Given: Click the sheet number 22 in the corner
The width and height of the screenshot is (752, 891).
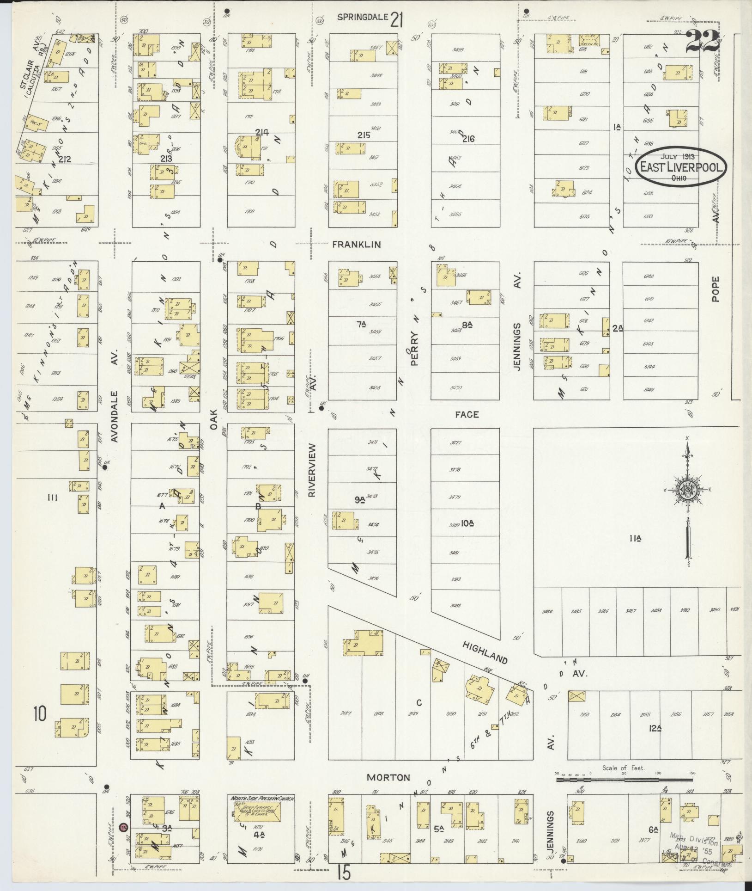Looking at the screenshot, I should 702,42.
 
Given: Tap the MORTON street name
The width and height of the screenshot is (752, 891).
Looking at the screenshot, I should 388,777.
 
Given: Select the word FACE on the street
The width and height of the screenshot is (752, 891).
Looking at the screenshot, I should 467,414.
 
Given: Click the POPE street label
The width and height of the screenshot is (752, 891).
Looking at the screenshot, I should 716,289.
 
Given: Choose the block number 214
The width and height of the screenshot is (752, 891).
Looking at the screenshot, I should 261,132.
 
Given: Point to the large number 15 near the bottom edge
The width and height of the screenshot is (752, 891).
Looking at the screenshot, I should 344,873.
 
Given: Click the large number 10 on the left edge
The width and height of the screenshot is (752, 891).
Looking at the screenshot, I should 40,714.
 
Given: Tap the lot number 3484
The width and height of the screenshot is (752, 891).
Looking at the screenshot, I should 549,611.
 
